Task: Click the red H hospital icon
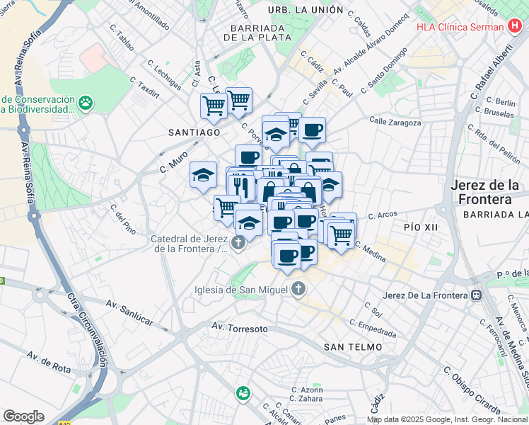click(516, 28)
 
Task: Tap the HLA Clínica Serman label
click(460, 28)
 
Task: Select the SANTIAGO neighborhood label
click(194, 132)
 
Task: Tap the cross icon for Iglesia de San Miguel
click(299, 289)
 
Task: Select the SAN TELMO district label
click(353, 346)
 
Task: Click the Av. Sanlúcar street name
click(129, 312)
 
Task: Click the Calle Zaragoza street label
click(395, 123)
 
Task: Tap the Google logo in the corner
click(23, 416)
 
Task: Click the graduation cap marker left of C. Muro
click(203, 174)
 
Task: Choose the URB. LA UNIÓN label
click(306, 11)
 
